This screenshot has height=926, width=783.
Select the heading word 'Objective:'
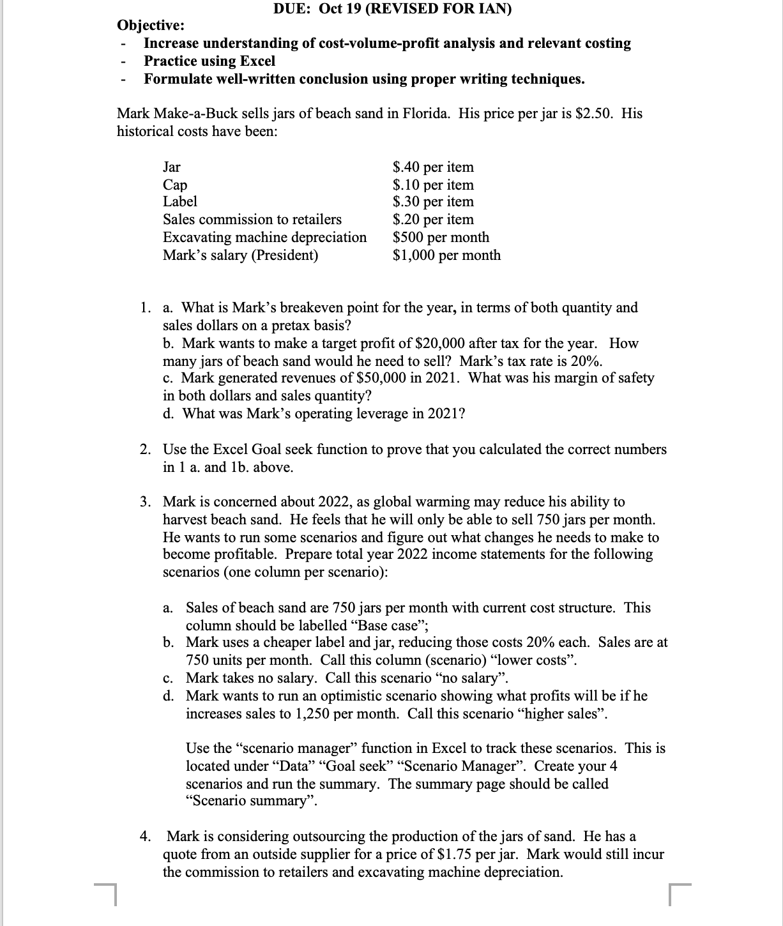pyautogui.click(x=151, y=26)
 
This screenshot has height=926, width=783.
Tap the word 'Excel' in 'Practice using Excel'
pyautogui.click(x=257, y=61)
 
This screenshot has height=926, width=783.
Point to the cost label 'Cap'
pyautogui.click(x=175, y=185)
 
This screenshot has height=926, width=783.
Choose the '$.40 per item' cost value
pyautogui.click(x=433, y=167)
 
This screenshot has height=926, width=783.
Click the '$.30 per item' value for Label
pyautogui.click(x=433, y=202)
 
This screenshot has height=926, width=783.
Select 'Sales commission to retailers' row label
pyautogui.click(x=252, y=220)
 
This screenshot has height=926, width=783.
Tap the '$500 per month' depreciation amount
pyautogui.click(x=441, y=238)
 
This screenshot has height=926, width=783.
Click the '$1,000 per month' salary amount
pyautogui.click(x=446, y=255)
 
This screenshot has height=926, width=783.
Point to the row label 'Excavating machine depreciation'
pyautogui.click(x=265, y=238)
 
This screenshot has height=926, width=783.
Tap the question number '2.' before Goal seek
pyautogui.click(x=146, y=450)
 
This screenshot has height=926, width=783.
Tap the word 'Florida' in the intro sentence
pyautogui.click(x=425, y=114)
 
